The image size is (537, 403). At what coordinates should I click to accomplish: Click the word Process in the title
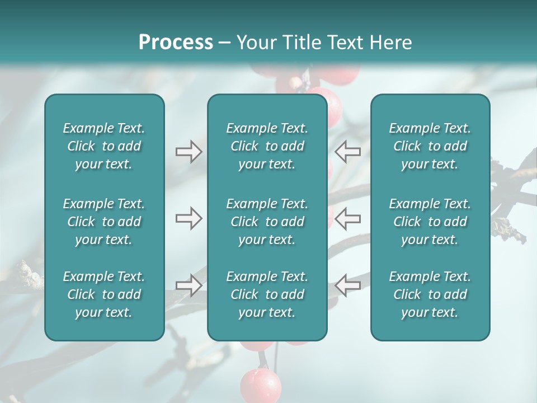point(176,43)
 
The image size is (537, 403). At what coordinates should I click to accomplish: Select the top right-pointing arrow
point(189,151)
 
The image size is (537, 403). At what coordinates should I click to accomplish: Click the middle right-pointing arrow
point(189,218)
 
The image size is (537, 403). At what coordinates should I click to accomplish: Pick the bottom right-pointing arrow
point(189,285)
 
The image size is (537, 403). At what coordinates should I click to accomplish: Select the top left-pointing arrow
point(347,151)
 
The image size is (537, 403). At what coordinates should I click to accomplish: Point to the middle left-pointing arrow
point(347,218)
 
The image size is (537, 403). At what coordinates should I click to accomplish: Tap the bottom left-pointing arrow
point(347,285)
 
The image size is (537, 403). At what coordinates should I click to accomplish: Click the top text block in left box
point(104,146)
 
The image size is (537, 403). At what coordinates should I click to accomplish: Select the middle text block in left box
point(104,222)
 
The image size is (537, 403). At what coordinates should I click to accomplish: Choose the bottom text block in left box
point(104,294)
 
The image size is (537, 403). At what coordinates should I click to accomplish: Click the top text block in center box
point(267,146)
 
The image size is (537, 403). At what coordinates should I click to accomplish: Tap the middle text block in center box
point(267,222)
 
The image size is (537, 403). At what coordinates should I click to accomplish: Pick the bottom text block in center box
point(267,294)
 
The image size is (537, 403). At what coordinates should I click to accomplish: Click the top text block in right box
point(430,146)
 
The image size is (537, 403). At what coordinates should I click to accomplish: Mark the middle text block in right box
point(430,222)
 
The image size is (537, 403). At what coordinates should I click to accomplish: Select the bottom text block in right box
point(430,294)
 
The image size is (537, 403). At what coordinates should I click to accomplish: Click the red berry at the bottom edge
point(261,385)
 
